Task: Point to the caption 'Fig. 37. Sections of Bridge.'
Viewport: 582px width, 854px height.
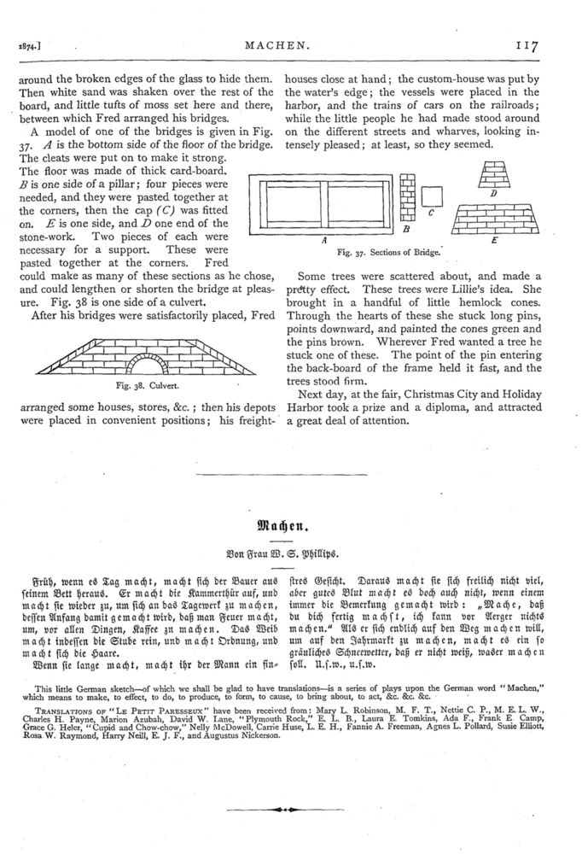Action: tap(387, 252)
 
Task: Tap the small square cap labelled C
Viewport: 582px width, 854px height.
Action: tap(434, 198)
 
